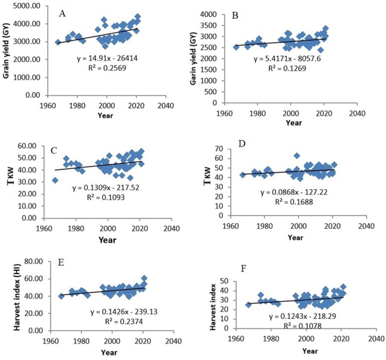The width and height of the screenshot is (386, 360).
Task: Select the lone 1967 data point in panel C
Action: (55, 180)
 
